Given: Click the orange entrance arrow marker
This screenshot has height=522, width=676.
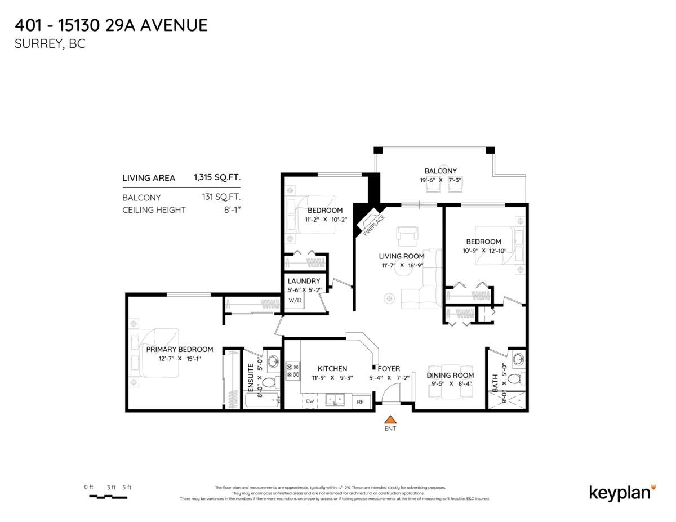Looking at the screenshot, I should [x=390, y=419].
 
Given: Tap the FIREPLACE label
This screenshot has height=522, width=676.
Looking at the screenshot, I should [x=374, y=225].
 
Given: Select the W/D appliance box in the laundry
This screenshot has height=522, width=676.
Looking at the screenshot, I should [x=295, y=300].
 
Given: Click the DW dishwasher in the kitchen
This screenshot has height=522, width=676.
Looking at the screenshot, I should [x=310, y=401].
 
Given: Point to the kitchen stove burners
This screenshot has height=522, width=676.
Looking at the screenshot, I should [x=293, y=370].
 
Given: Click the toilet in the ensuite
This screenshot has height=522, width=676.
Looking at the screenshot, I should [x=269, y=383].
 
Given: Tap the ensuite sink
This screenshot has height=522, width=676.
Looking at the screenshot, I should [x=273, y=361].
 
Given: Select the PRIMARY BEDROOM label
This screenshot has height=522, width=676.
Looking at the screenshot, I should [x=179, y=349].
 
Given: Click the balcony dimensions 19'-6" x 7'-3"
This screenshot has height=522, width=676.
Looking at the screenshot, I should [x=441, y=180].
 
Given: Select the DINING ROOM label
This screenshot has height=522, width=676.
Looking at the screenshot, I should [x=450, y=375].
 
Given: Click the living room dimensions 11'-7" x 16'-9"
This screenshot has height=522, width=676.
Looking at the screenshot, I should [x=401, y=265].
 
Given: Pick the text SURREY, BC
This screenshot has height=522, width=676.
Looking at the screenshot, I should [x=50, y=44].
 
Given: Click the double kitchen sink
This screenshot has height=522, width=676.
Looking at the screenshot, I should [x=336, y=400].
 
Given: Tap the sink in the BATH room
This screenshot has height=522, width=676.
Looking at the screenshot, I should [x=518, y=359].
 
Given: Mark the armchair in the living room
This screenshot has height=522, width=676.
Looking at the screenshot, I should [x=406, y=235].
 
